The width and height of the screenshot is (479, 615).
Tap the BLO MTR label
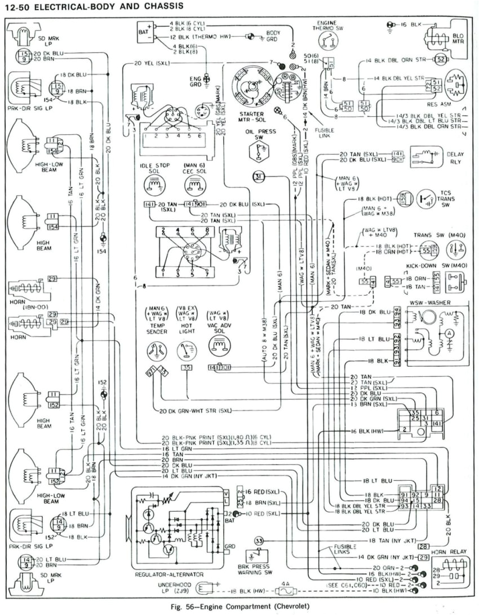(x=458, y=38)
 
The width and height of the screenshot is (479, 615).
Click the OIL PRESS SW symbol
(x=259, y=150)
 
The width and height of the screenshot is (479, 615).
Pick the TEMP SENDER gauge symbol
(x=156, y=351)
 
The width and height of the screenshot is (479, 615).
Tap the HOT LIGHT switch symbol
(x=185, y=351)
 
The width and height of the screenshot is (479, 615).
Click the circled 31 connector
(x=259, y=177)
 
